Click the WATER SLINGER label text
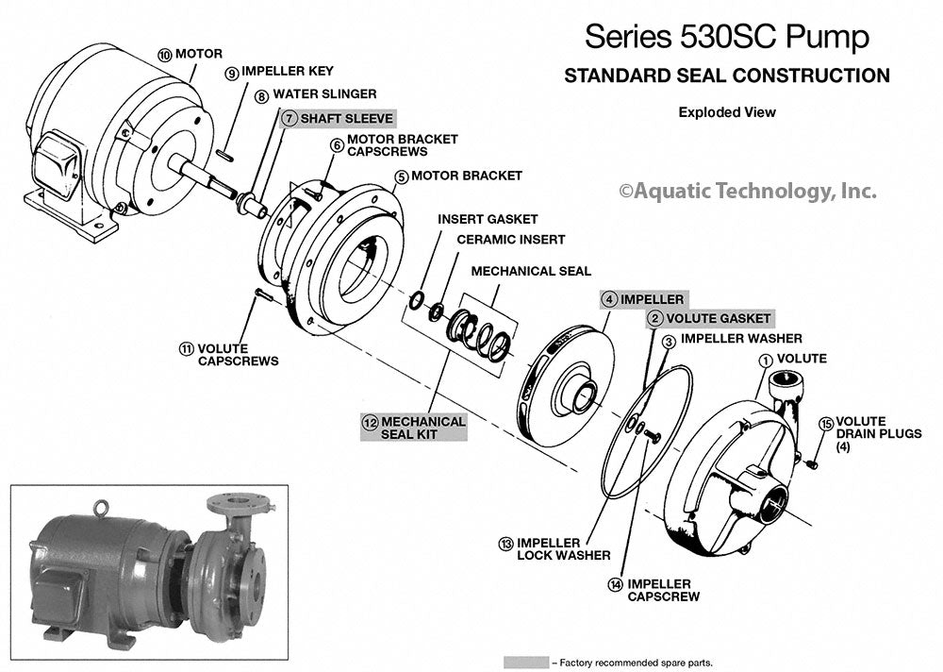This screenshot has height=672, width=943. (324, 94)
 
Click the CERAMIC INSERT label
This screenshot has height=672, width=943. (510, 240)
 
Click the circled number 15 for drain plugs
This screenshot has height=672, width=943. (827, 423)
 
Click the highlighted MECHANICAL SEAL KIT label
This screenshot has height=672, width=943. (422, 428)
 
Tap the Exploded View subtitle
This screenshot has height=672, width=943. (726, 112)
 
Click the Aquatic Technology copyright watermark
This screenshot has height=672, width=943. (747, 191)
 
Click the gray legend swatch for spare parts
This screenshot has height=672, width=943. (526, 662)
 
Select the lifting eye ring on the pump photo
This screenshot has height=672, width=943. (96, 511)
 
